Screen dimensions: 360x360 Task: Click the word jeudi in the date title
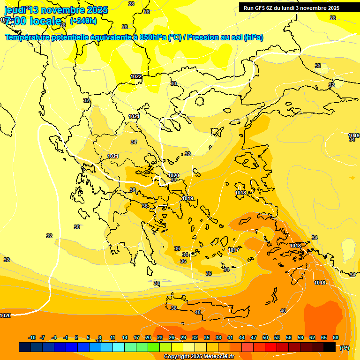(15, 10)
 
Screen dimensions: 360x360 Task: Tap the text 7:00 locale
(33, 21)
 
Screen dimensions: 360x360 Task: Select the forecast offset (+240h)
(83, 21)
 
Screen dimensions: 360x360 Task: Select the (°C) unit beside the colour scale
(345, 347)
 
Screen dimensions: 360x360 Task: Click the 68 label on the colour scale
(336, 337)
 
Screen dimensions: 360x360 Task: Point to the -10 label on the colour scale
(32, 337)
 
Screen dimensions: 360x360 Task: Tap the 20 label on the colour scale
(148, 337)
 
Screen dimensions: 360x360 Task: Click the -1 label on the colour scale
(66, 337)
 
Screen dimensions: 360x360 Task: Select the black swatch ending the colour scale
(330, 347)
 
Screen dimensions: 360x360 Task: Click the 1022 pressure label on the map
(136, 76)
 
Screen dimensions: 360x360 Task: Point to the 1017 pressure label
(233, 250)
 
